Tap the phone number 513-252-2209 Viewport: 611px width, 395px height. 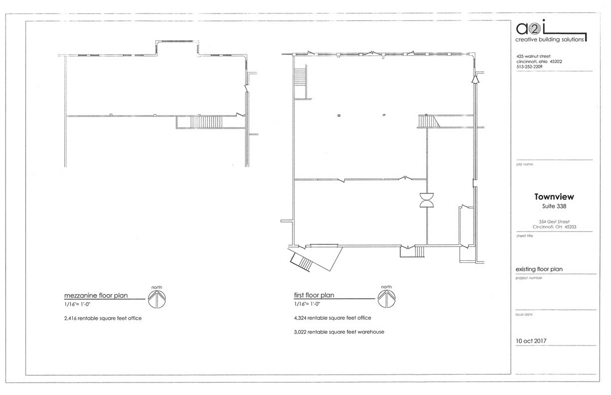click(529, 67)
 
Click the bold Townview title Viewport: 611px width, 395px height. click(554, 197)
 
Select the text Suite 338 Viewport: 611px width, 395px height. click(554, 206)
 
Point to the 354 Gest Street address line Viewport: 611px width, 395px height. click(554, 222)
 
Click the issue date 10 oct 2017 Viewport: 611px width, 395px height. click(531, 341)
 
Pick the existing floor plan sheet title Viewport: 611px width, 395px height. click(539, 269)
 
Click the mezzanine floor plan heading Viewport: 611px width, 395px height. click(96, 295)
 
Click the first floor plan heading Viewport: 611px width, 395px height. click(314, 295)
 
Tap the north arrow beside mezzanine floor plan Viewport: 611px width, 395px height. click(157, 299)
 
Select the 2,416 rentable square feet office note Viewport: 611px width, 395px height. click(103, 318)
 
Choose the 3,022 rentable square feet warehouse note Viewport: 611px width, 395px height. click(339, 332)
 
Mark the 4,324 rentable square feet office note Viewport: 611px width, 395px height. click(332, 318)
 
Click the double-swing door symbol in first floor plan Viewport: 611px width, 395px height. click(427, 200)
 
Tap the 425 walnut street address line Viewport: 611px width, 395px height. click(533, 56)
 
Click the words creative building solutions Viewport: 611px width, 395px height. click(549, 39)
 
